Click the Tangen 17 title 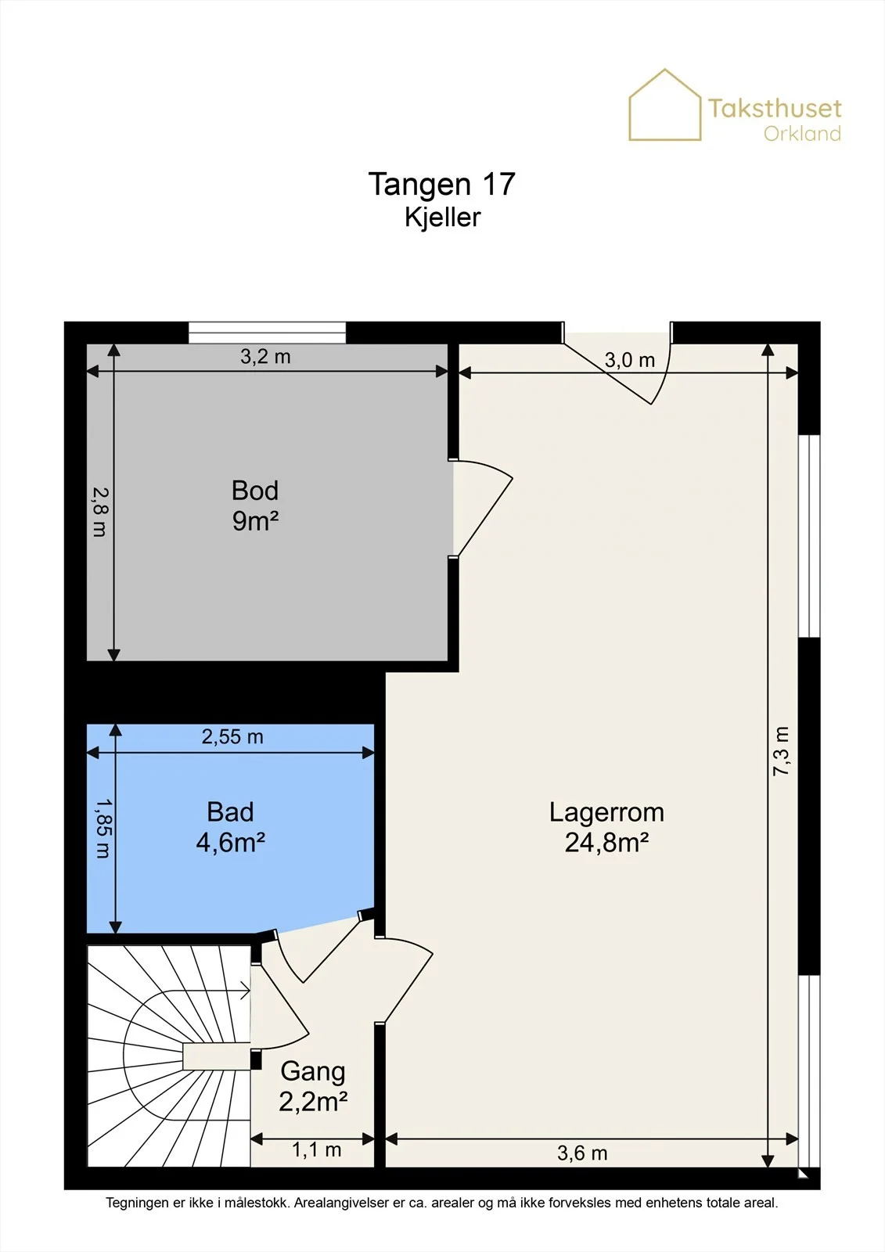tap(441, 185)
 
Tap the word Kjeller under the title tap(442, 218)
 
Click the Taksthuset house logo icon tap(665, 105)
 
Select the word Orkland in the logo tap(802, 134)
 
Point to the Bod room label tap(255, 490)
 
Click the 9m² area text tap(255, 521)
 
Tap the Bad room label tap(230, 812)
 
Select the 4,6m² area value tap(230, 842)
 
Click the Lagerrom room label tap(606, 812)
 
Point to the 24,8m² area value tap(606, 842)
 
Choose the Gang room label tap(313, 1071)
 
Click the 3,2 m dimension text tap(265, 357)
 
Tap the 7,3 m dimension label tap(781, 750)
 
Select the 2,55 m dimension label tap(232, 737)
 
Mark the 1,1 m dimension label tap(316, 1149)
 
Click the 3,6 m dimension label tap(582, 1153)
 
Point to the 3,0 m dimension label tap(629, 361)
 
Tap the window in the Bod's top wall tap(268, 333)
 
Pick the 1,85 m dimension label tap(103, 829)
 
